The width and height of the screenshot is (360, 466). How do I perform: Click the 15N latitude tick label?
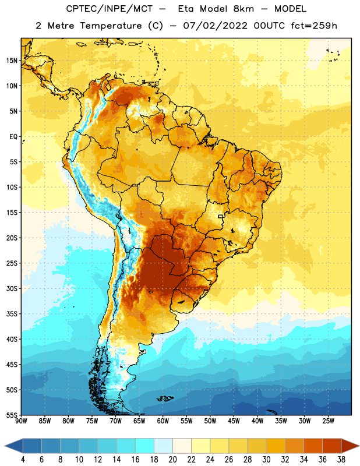click(x=12, y=61)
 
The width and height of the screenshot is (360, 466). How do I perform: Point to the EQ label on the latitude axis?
click(x=13, y=137)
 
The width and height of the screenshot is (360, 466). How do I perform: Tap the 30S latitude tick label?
click(x=12, y=288)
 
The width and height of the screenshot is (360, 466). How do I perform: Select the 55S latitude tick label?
click(x=12, y=415)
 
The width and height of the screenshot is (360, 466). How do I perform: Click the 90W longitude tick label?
click(x=21, y=421)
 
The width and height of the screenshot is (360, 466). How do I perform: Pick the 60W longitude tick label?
click(x=163, y=421)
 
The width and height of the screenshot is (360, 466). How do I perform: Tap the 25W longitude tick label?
click(x=328, y=421)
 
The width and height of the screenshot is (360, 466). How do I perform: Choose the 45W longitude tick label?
click(x=234, y=421)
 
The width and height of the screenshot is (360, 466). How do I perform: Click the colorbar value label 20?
click(x=172, y=460)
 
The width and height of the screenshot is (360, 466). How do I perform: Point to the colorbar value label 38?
click(x=341, y=460)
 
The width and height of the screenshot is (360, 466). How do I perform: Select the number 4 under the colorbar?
click(x=23, y=460)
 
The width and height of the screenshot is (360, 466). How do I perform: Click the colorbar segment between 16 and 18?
click(x=145, y=446)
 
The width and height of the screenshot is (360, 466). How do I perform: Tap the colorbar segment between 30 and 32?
click(x=276, y=446)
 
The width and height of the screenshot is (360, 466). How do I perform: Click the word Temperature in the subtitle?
click(x=111, y=26)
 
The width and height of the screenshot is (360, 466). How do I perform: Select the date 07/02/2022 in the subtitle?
click(x=215, y=26)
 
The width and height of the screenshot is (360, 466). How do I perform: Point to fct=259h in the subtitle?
click(x=314, y=26)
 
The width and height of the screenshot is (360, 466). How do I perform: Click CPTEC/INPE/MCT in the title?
click(x=110, y=9)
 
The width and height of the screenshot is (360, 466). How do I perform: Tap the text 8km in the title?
click(x=243, y=9)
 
